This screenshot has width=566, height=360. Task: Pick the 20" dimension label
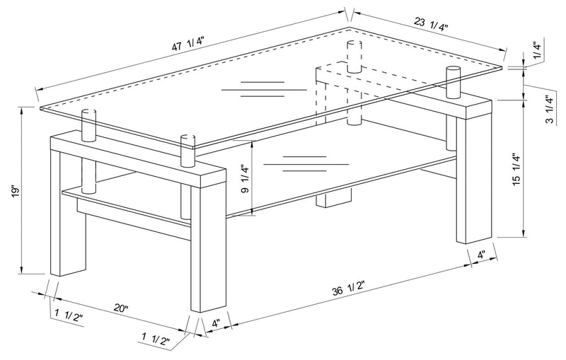click(x=121, y=308)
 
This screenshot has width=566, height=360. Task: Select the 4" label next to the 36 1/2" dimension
click(x=216, y=324)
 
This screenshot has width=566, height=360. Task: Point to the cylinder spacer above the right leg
click(x=452, y=82)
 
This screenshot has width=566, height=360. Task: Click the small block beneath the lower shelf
click(x=332, y=199)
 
